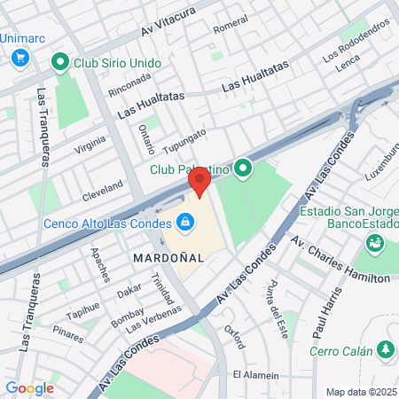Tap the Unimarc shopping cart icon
tap(20, 57)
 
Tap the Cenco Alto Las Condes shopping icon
tap(184, 223)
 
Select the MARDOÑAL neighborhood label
tap(168, 256)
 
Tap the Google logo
tap(29, 387)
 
